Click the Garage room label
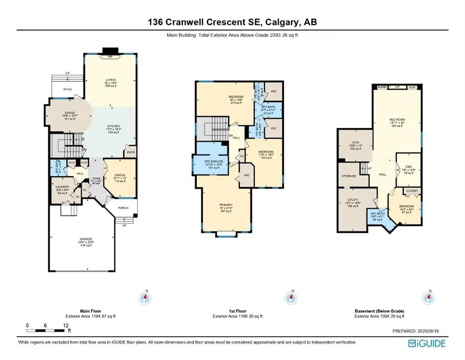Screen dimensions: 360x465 click(x=86, y=239)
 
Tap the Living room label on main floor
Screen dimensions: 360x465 click(x=111, y=80)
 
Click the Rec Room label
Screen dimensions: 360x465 click(x=397, y=119)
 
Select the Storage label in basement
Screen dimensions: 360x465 click(x=349, y=176)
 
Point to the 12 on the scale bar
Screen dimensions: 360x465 click(x=66, y=325)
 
